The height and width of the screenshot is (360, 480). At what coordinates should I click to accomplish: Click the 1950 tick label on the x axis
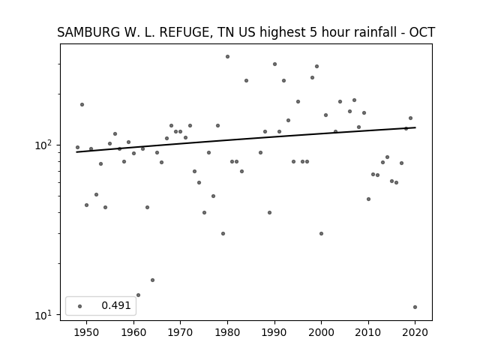pyautogui.click(x=87, y=332)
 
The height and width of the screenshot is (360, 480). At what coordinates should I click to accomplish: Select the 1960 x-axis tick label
pyautogui.click(x=133, y=332)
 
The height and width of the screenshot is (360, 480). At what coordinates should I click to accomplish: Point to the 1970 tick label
pyautogui.click(x=181, y=332)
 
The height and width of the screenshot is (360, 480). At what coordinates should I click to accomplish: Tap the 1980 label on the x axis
pyautogui.click(x=227, y=332)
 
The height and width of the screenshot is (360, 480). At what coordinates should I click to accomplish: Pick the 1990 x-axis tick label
pyautogui.click(x=274, y=332)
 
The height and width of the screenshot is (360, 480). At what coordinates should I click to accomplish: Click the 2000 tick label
pyautogui.click(x=322, y=332)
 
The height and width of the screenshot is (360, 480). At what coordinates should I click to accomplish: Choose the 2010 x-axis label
pyautogui.click(x=368, y=332)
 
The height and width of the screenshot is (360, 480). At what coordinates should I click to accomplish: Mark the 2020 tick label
pyautogui.click(x=415, y=332)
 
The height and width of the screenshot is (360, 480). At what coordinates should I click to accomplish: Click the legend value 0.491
pyautogui.click(x=116, y=305)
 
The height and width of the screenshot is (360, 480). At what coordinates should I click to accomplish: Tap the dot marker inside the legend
pyautogui.click(x=80, y=306)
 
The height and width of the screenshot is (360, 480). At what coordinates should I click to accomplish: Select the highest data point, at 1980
pyautogui.click(x=227, y=57)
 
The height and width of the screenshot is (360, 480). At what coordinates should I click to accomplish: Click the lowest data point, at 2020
pyautogui.click(x=415, y=307)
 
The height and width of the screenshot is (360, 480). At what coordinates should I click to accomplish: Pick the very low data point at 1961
pyautogui.click(x=138, y=295)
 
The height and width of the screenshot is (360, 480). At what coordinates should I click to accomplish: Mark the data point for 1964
pyautogui.click(x=152, y=280)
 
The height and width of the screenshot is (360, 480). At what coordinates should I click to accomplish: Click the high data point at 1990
pyautogui.click(x=275, y=64)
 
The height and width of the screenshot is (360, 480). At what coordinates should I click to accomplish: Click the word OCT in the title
pyautogui.click(x=422, y=32)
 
